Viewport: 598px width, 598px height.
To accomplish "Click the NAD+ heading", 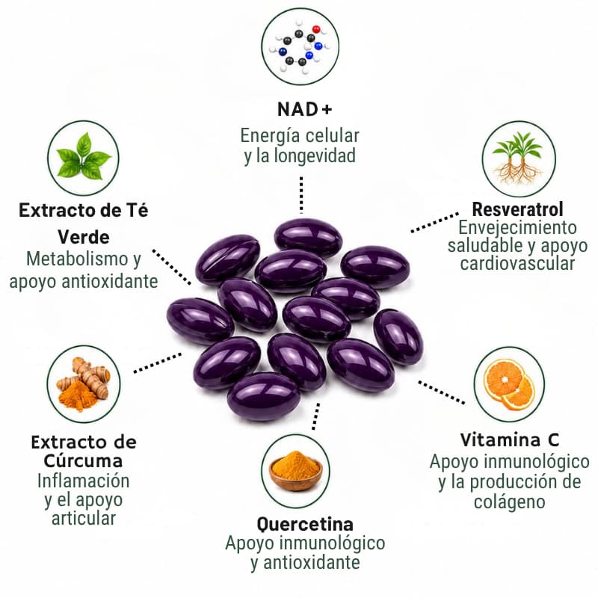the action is (304, 109).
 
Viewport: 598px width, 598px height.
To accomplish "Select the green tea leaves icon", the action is (83, 158).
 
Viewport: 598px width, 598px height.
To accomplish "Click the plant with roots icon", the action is (518, 158).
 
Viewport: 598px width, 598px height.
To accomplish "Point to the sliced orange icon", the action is (509, 384).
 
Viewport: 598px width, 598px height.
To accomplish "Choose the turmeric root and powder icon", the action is (84, 384).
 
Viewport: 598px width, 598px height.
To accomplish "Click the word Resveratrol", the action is (517, 209).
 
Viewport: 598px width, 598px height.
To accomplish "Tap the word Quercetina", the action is (305, 525).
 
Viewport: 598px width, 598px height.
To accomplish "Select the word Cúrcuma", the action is (83, 460).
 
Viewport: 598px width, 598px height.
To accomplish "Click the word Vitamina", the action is (500, 440).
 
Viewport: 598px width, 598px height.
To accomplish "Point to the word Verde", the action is (84, 237).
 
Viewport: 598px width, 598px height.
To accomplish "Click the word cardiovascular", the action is (517, 264).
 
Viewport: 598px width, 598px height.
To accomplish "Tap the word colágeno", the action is (509, 502).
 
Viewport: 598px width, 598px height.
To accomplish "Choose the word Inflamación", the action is (83, 481).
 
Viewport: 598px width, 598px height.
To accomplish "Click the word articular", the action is (84, 518).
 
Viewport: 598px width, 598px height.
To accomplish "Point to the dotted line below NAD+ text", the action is (301, 194).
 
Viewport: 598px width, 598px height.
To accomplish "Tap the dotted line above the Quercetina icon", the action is (315, 416).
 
